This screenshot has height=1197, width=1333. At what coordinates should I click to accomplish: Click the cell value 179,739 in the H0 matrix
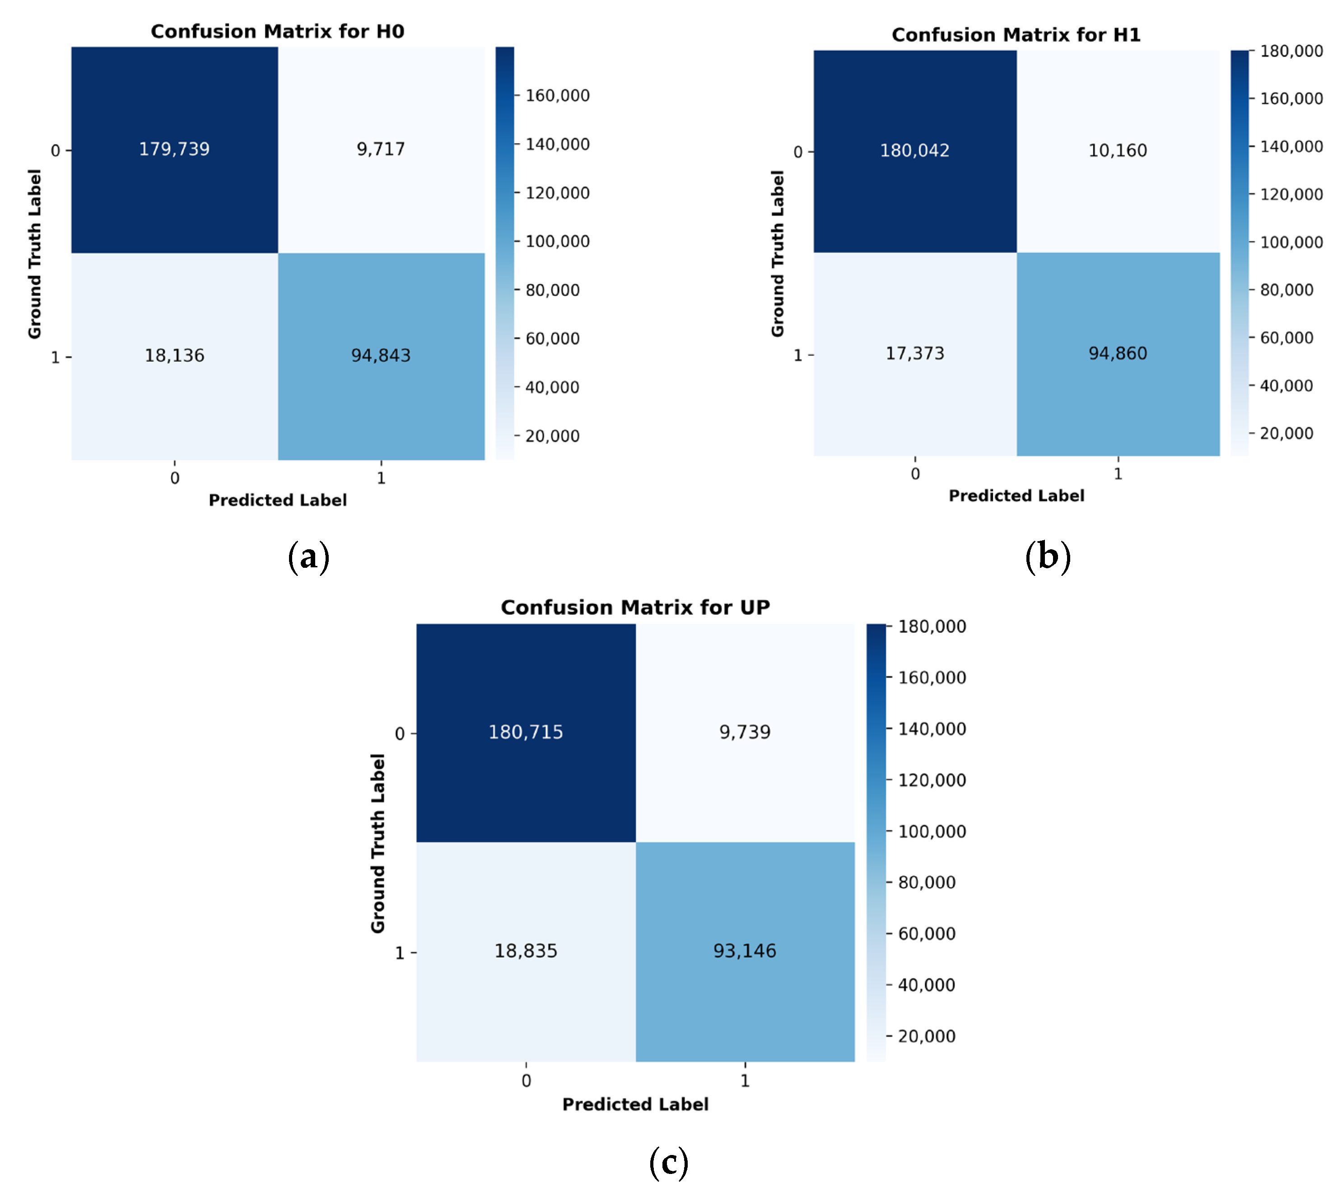coord(174,150)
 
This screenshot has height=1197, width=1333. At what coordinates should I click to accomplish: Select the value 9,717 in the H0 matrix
coord(381,150)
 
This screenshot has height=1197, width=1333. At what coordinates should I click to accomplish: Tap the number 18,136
coord(174,356)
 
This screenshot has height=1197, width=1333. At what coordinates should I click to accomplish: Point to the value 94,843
coord(381,356)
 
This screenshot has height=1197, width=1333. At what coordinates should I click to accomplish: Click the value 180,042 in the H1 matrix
coord(915,150)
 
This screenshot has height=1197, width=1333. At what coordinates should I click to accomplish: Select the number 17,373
coord(915,354)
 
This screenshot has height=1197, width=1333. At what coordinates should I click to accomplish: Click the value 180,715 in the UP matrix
coord(526,732)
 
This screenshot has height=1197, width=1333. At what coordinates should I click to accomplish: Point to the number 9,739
coord(745,732)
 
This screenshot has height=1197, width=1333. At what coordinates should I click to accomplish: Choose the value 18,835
coord(526,951)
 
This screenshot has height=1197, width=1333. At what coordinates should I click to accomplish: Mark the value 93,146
coord(745,951)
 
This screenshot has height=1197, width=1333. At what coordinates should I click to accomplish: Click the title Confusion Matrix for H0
coord(278,32)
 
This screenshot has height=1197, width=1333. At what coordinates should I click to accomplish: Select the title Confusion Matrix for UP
coord(635,607)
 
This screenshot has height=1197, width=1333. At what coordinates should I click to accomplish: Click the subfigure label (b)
coord(1048,556)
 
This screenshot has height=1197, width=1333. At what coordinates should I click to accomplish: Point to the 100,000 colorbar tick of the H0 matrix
coord(557,241)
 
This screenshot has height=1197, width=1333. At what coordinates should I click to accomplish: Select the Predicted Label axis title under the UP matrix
coord(635,1104)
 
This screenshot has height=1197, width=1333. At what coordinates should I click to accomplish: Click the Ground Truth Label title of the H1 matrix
coord(778,253)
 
